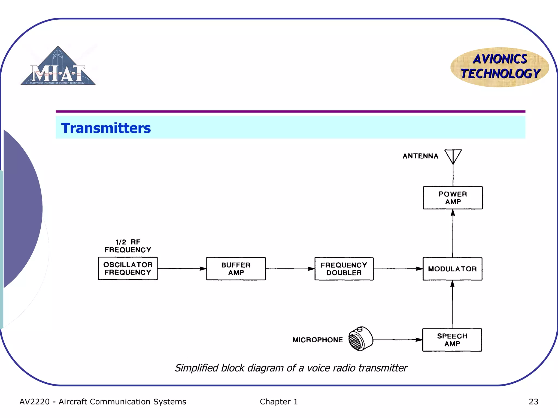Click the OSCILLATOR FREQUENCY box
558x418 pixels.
(128, 268)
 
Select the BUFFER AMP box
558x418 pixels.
(236, 269)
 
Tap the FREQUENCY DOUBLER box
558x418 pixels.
(344, 269)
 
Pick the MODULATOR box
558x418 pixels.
(452, 269)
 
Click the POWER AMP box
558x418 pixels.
(453, 198)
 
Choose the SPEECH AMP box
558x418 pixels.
(452, 340)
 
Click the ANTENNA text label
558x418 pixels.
(420, 156)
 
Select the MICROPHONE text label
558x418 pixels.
(318, 340)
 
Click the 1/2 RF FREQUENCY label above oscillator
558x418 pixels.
(128, 246)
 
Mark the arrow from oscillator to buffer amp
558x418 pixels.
(182, 269)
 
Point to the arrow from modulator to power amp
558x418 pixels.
(453, 233)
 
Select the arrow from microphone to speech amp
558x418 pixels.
(398, 340)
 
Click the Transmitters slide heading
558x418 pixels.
(106, 128)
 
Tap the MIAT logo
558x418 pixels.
(58, 67)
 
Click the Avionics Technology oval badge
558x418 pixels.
(500, 67)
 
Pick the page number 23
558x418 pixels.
(533, 401)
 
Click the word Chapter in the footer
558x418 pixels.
(275, 401)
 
